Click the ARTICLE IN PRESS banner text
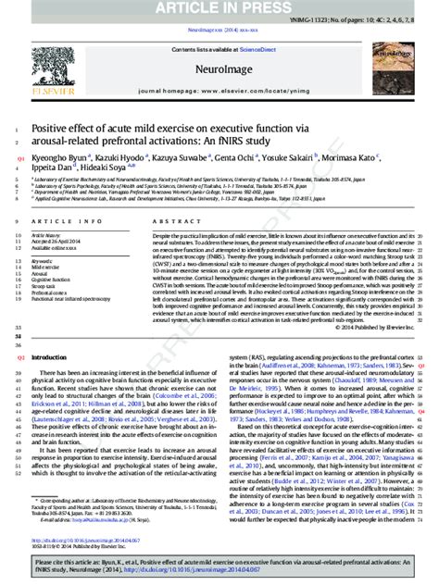pos(219,9)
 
